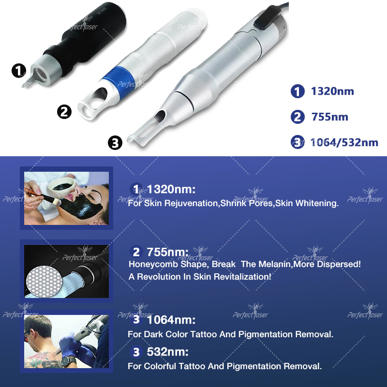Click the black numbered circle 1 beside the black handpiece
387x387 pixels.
click(x=18, y=72)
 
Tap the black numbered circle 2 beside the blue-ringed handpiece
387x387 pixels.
click(x=64, y=112)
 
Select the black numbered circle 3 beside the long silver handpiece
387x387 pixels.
click(x=115, y=144)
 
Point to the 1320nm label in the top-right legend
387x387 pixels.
click(x=332, y=91)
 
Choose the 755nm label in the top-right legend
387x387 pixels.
click(x=329, y=117)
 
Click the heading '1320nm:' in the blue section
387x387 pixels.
click(x=171, y=189)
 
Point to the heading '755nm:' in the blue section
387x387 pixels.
click(x=167, y=252)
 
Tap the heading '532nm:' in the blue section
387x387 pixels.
click(x=167, y=352)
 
